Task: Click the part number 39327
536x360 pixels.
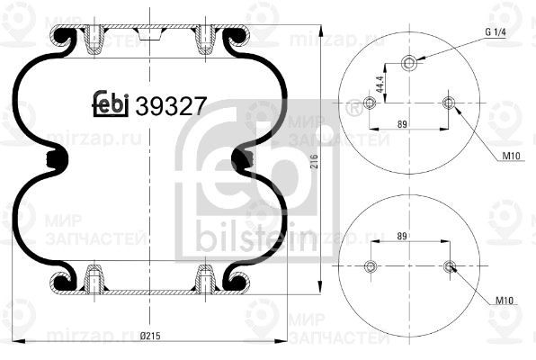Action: [x=171, y=105]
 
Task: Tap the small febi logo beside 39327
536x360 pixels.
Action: [x=112, y=105]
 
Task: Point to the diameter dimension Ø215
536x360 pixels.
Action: [x=149, y=337]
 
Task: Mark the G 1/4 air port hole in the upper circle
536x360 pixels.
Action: [x=409, y=63]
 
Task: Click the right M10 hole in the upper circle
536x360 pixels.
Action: [x=449, y=103]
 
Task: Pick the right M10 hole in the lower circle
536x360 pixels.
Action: [x=449, y=266]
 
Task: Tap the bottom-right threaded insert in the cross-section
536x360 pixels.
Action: [x=206, y=279]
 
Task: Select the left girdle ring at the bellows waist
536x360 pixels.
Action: [x=58, y=160]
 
